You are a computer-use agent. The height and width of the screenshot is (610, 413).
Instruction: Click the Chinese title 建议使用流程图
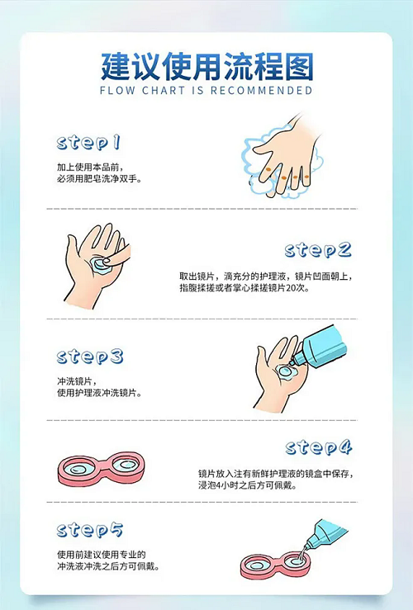[206, 67]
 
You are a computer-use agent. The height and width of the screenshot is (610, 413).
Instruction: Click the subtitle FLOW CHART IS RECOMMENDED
[206, 91]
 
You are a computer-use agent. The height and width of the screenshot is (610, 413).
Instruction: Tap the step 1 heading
[88, 143]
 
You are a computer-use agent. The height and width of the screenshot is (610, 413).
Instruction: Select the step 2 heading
[318, 250]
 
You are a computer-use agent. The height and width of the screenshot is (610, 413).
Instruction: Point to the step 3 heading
[90, 357]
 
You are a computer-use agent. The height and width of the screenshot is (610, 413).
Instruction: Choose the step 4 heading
[319, 447]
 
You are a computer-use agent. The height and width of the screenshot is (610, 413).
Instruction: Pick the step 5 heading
[90, 530]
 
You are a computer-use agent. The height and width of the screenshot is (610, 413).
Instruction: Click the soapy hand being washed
[287, 156]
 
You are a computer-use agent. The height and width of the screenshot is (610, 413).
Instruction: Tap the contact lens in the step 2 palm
[100, 264]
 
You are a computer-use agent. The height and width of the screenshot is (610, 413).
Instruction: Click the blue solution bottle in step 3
[320, 347]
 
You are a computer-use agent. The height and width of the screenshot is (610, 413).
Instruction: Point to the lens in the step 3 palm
[286, 372]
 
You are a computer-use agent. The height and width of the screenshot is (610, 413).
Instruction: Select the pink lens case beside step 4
[102, 468]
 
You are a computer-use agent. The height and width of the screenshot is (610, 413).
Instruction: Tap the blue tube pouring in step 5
[325, 534]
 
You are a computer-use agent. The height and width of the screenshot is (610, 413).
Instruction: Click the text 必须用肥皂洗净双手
[100, 179]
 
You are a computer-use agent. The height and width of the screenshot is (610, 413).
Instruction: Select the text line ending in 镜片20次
[244, 288]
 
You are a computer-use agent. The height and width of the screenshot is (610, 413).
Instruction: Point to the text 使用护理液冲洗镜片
[100, 393]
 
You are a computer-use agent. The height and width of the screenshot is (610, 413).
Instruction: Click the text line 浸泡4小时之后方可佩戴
[249, 485]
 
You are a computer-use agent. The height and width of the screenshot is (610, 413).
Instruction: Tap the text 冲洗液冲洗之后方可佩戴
[109, 566]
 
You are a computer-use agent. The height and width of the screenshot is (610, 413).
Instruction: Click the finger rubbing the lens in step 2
[117, 257]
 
